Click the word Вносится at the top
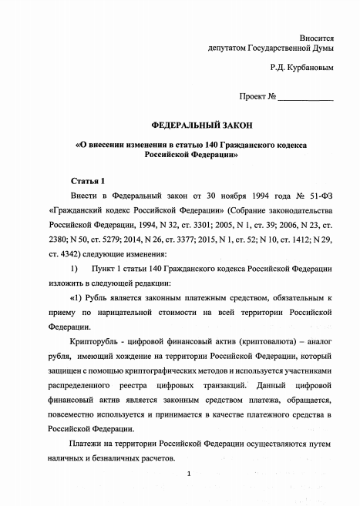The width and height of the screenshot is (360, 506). click(316, 36)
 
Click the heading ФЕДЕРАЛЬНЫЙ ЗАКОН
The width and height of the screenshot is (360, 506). click(190, 125)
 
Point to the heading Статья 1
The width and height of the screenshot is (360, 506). click(87, 179)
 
